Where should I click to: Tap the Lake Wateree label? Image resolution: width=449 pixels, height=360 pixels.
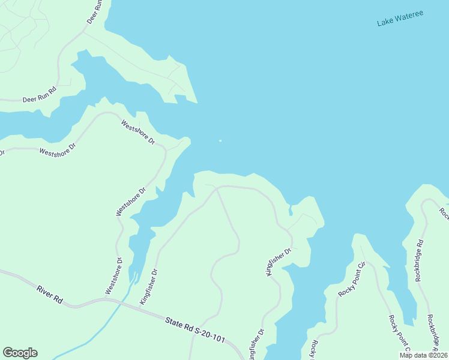point(400,17)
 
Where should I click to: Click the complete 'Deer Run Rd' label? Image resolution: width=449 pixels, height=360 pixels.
point(39,94)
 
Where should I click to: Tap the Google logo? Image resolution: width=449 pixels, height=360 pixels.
point(20,353)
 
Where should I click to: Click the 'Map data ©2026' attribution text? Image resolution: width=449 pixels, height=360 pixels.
point(423,355)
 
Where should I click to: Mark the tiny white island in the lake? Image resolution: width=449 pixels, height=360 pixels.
point(220,141)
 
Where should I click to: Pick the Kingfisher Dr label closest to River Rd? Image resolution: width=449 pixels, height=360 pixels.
point(148,287)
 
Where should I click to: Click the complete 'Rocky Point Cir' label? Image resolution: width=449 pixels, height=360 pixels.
point(352,279)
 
